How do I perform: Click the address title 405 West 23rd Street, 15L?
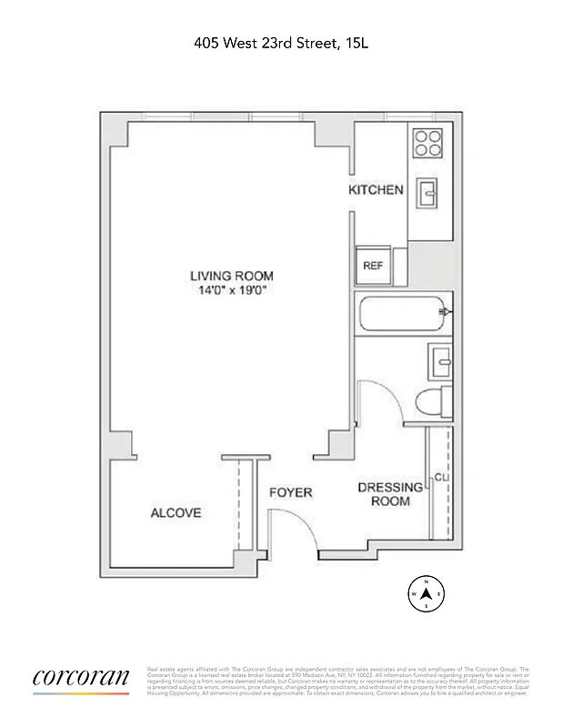[280, 42]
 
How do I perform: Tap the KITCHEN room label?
[376, 190]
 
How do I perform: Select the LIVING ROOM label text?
[231, 276]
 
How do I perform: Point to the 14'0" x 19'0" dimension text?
[231, 290]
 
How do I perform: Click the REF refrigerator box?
[373, 266]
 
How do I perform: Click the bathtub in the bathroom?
[402, 314]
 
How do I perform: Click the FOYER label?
[290, 492]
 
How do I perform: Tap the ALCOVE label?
[176, 513]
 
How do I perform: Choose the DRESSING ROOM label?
[389, 494]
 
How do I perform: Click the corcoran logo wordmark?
[81, 677]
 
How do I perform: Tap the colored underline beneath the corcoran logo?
[81, 693]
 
